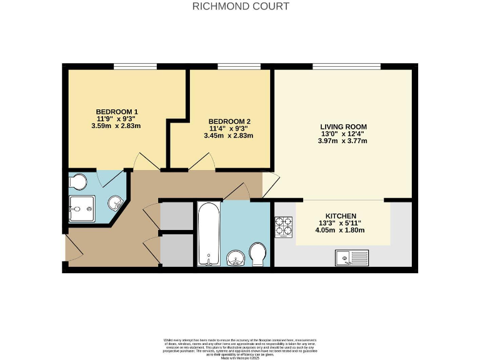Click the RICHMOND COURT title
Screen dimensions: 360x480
point(241,7)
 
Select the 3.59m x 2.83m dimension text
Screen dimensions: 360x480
point(116,126)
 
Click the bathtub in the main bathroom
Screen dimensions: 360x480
point(207,235)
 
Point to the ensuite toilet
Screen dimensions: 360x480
point(78,182)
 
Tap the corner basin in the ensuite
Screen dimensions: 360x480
point(116,202)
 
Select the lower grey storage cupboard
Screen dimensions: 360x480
point(177,250)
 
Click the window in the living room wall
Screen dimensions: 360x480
point(346,66)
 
